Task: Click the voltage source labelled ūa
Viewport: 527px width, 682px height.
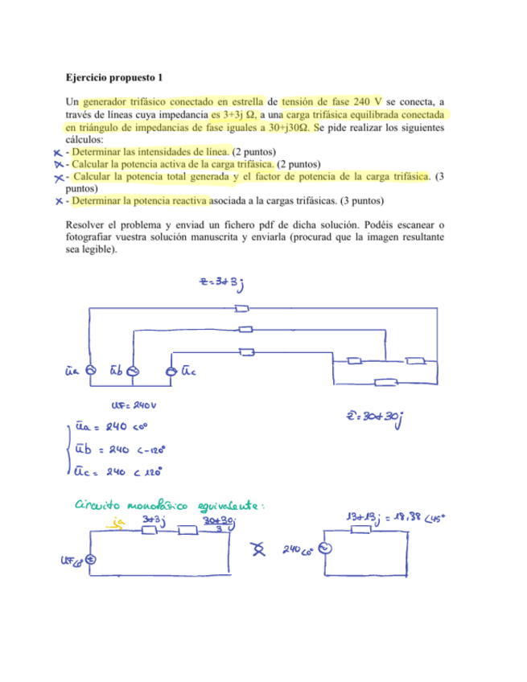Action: [x=90, y=370]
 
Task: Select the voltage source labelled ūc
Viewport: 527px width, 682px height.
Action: [x=171, y=370]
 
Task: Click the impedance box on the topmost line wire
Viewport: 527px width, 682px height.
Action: [x=241, y=309]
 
